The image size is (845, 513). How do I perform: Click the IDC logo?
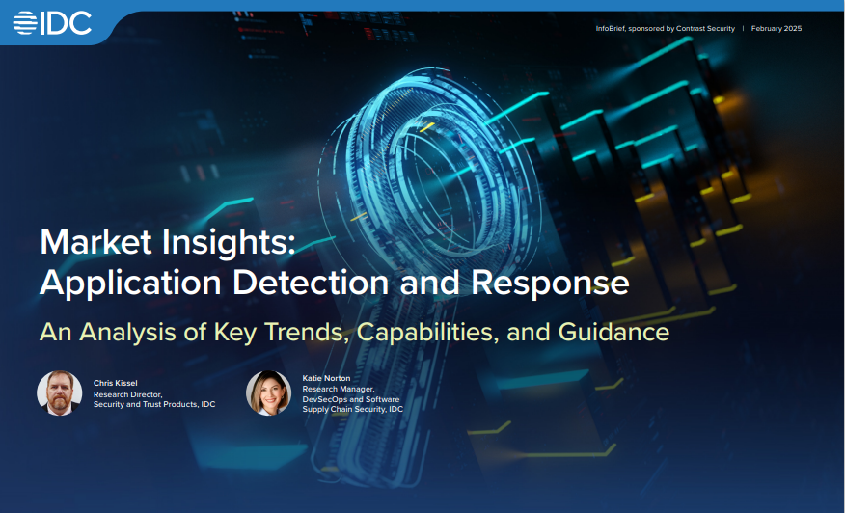point(53,22)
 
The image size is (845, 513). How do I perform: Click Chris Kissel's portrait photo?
point(60,393)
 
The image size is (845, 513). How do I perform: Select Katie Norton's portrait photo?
point(268,393)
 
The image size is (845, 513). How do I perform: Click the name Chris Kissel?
point(116,383)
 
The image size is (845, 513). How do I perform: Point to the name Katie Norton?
point(326,378)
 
